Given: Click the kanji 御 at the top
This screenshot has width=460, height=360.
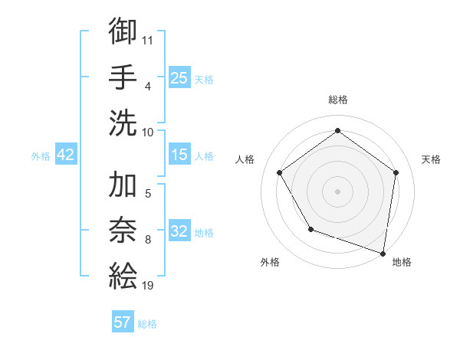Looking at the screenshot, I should point(123,31).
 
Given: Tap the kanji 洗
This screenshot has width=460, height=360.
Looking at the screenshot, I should point(123,123).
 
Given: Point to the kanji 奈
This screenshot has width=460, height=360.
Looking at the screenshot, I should point(123,230).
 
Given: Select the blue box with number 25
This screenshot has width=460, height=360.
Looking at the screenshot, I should point(179,78).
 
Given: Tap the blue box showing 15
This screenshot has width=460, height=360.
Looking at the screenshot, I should point(179,155).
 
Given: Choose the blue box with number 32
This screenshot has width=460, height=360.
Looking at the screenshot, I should point(179,231).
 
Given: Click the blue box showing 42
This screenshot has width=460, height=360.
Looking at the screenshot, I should point(66,155).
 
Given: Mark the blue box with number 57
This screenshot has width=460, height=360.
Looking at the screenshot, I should point(123,322).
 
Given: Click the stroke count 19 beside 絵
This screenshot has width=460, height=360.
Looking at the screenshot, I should point(148,286).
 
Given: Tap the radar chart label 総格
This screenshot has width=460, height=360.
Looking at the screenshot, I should point(337,100).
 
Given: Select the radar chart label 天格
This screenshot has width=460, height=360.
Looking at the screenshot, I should point(431,159).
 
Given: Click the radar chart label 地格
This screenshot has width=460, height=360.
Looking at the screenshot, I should point(402,263).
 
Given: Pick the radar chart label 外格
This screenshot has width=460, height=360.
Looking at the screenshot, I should point(270,263).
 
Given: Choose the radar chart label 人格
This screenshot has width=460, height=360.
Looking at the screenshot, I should point(245,159).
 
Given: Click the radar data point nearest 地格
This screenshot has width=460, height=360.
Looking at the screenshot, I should point(383,253).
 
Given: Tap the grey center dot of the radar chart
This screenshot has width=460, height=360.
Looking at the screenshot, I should point(337,191).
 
